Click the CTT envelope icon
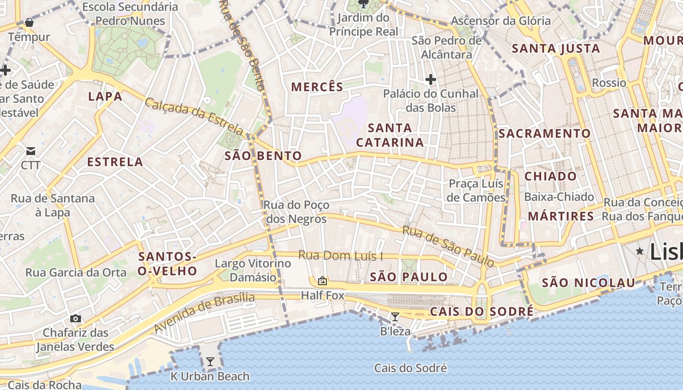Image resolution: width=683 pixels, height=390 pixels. [31, 151]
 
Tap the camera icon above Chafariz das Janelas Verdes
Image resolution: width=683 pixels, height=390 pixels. [75, 318]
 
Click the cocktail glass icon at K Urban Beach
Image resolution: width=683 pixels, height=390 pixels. [210, 362]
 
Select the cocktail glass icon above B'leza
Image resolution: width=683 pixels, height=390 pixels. [395, 317]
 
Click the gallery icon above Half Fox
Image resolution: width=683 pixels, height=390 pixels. [322, 281]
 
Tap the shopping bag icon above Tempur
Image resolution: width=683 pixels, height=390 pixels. [29, 22]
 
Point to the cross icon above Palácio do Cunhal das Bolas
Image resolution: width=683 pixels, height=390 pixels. [430, 79]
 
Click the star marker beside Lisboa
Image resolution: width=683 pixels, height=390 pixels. [640, 251]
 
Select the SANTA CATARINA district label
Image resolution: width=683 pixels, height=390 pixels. [390, 135]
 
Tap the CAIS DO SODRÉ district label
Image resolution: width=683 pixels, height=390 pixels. [482, 311]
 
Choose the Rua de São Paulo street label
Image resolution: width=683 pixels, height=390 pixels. [448, 246]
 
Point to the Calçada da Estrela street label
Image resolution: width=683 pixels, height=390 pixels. [194, 117]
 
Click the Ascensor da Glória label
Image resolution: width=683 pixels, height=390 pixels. [501, 21]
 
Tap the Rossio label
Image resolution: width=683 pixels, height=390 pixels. [609, 83]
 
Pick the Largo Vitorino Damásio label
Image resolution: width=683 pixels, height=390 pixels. [253, 271]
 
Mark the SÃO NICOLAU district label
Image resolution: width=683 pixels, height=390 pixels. [588, 283]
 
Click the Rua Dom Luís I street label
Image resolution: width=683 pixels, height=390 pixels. [341, 255]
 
